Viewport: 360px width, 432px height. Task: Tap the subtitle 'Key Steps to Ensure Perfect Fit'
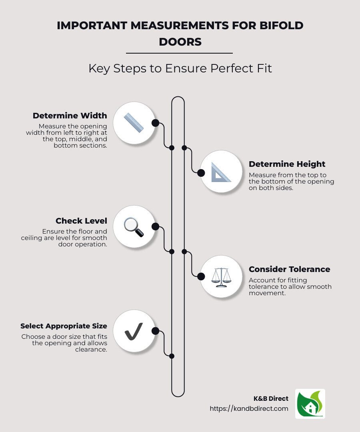(180, 68)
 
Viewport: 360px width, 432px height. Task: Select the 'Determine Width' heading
(70, 116)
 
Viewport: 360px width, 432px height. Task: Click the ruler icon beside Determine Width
(134, 123)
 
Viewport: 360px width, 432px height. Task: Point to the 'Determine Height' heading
(287, 164)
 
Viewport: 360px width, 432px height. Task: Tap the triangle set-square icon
(221, 172)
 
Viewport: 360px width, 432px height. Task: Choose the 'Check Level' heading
(81, 221)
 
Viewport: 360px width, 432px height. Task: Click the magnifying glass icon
(134, 227)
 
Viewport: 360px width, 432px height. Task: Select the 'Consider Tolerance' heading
(289, 269)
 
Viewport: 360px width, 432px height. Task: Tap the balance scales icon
(221, 276)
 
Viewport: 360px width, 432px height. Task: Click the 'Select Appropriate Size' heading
(64, 326)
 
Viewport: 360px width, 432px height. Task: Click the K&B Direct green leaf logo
(310, 404)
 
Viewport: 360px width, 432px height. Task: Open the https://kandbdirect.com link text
(249, 408)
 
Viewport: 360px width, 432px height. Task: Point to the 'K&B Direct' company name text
(271, 398)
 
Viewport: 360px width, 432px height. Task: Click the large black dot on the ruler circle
(155, 123)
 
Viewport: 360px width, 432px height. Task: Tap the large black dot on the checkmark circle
(155, 331)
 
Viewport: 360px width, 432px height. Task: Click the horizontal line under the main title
(179, 53)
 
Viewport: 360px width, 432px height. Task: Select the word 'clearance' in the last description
(91, 349)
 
